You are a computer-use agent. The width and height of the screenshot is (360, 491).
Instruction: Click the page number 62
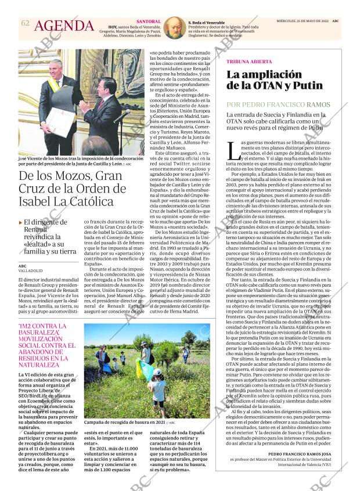(25, 23)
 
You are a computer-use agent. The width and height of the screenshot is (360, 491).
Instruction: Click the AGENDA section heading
(64, 26)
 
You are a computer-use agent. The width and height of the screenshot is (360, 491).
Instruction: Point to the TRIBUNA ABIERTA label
(248, 61)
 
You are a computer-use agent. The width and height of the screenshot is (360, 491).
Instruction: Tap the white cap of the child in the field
(157, 372)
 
